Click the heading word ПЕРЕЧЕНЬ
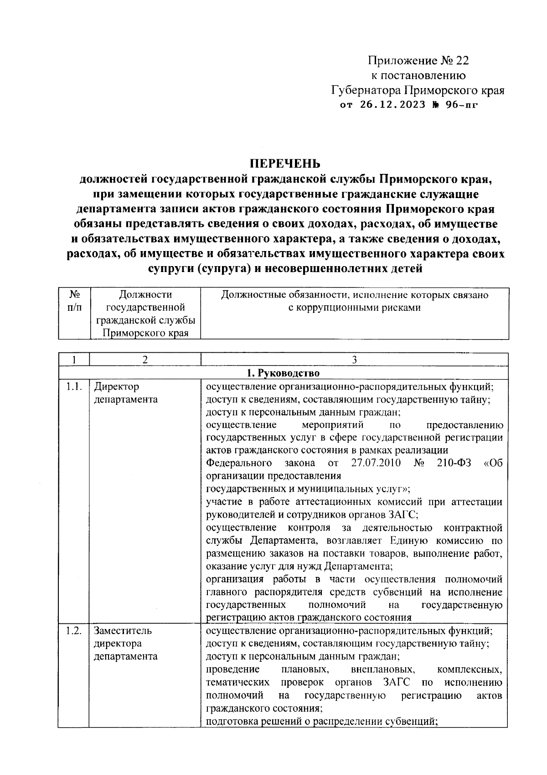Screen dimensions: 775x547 [x=284, y=163]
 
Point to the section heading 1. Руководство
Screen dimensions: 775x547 [x=283, y=373]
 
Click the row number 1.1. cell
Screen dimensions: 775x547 [x=73, y=387]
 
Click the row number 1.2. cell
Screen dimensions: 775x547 [x=73, y=631]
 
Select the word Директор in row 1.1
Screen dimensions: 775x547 [x=116, y=387]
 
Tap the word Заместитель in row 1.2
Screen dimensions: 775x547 [x=123, y=631]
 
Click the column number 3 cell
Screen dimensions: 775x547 [x=354, y=360]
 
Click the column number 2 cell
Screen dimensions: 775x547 [x=145, y=360]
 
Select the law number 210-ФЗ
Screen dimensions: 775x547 [x=454, y=463]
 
